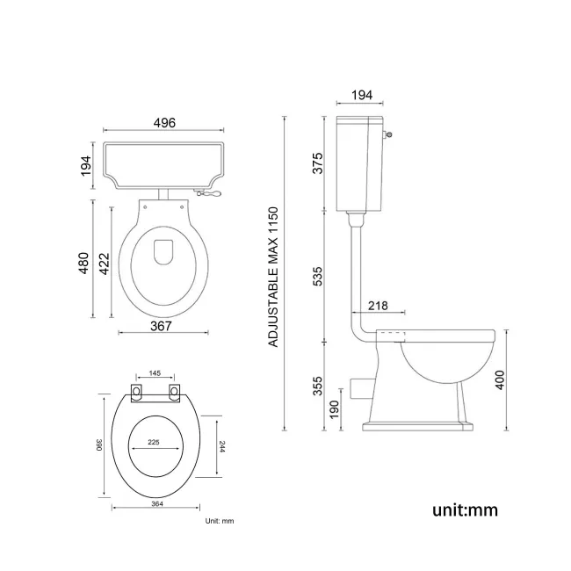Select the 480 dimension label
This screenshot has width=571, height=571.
coord(84,261)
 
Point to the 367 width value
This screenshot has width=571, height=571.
coord(159,325)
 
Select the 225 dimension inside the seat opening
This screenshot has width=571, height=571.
coord(155,443)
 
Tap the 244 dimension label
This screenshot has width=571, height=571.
coord(220,446)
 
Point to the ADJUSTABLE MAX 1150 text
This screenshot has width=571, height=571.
coord(273,276)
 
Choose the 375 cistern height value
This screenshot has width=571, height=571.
coord(319,163)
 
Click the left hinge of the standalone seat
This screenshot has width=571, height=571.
coord(136,391)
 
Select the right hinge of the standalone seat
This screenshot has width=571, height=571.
coord(174,391)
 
